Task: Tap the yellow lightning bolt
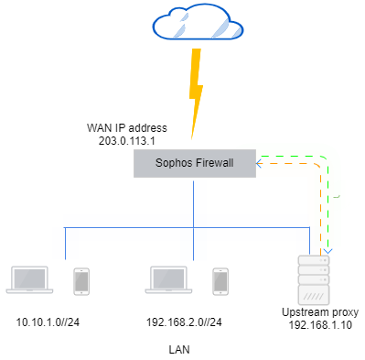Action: click(x=193, y=91)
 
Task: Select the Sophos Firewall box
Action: click(x=193, y=164)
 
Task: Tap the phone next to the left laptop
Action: click(x=81, y=281)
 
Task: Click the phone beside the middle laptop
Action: click(x=221, y=281)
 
